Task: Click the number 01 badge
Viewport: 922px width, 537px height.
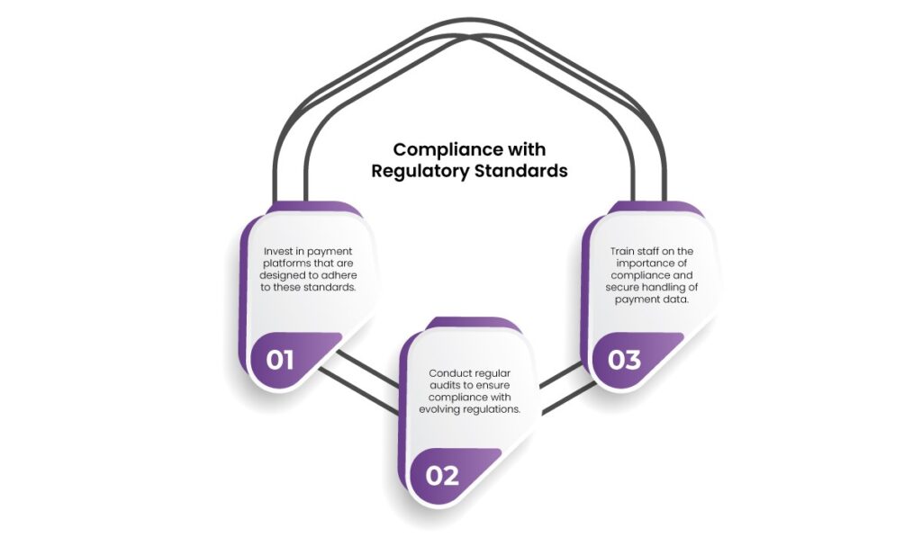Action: (280, 361)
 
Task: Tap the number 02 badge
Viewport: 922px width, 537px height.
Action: (441, 475)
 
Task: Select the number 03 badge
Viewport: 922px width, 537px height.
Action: (624, 360)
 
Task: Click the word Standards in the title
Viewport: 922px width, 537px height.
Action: (521, 171)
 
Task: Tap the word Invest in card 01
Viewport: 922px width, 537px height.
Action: (277, 250)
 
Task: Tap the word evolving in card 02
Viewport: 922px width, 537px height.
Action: (440, 410)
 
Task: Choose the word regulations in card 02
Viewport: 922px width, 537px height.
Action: (494, 410)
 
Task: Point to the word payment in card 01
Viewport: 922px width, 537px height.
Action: (323, 250)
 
